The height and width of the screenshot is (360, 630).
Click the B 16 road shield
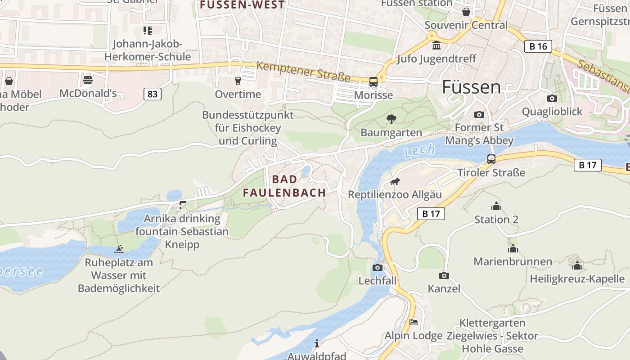point(538,46)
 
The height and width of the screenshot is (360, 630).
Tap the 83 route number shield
point(153,94)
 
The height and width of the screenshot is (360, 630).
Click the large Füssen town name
point(471,87)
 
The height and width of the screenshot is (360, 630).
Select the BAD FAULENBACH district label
point(284,186)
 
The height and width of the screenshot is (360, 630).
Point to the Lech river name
point(419,151)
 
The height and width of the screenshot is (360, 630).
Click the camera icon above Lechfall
point(377,268)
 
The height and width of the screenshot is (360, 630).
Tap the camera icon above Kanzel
point(444,275)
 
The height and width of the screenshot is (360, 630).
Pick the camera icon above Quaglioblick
point(552,98)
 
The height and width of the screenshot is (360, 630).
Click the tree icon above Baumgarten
point(391,119)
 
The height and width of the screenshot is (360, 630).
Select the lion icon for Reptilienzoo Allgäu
point(395,182)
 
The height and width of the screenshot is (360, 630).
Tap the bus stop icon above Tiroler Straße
point(491,159)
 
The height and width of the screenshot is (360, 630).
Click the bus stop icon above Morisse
point(373,81)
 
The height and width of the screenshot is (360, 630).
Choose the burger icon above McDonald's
point(88,80)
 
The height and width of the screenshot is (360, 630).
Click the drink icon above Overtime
point(238,81)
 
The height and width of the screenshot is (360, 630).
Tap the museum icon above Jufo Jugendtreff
point(436,45)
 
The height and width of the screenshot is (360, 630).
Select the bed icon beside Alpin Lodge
point(414,322)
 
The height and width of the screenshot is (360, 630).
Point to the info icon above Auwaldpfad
point(317,343)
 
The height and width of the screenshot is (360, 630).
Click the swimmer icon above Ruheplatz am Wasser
point(119,249)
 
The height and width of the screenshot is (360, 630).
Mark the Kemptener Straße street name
point(303,72)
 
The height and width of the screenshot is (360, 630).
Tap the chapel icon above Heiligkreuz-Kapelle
point(577,265)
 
